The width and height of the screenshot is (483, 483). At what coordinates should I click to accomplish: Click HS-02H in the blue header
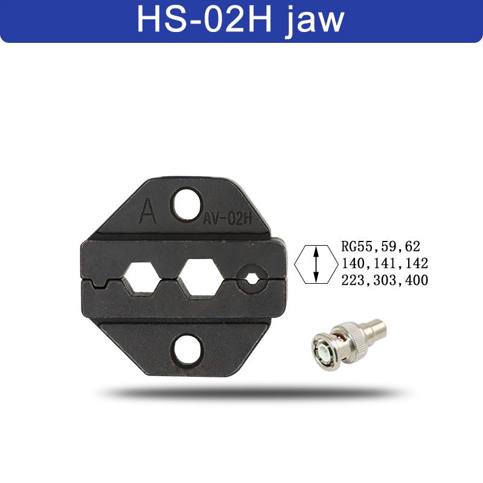204,19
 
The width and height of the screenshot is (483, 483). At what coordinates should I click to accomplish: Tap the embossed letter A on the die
148,211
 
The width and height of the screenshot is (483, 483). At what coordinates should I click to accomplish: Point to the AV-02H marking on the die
228,219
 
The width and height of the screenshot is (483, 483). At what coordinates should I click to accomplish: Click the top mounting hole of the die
187,204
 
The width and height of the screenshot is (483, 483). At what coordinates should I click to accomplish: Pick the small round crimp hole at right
251,280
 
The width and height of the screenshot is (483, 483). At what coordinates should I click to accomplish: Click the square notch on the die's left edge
99,283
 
